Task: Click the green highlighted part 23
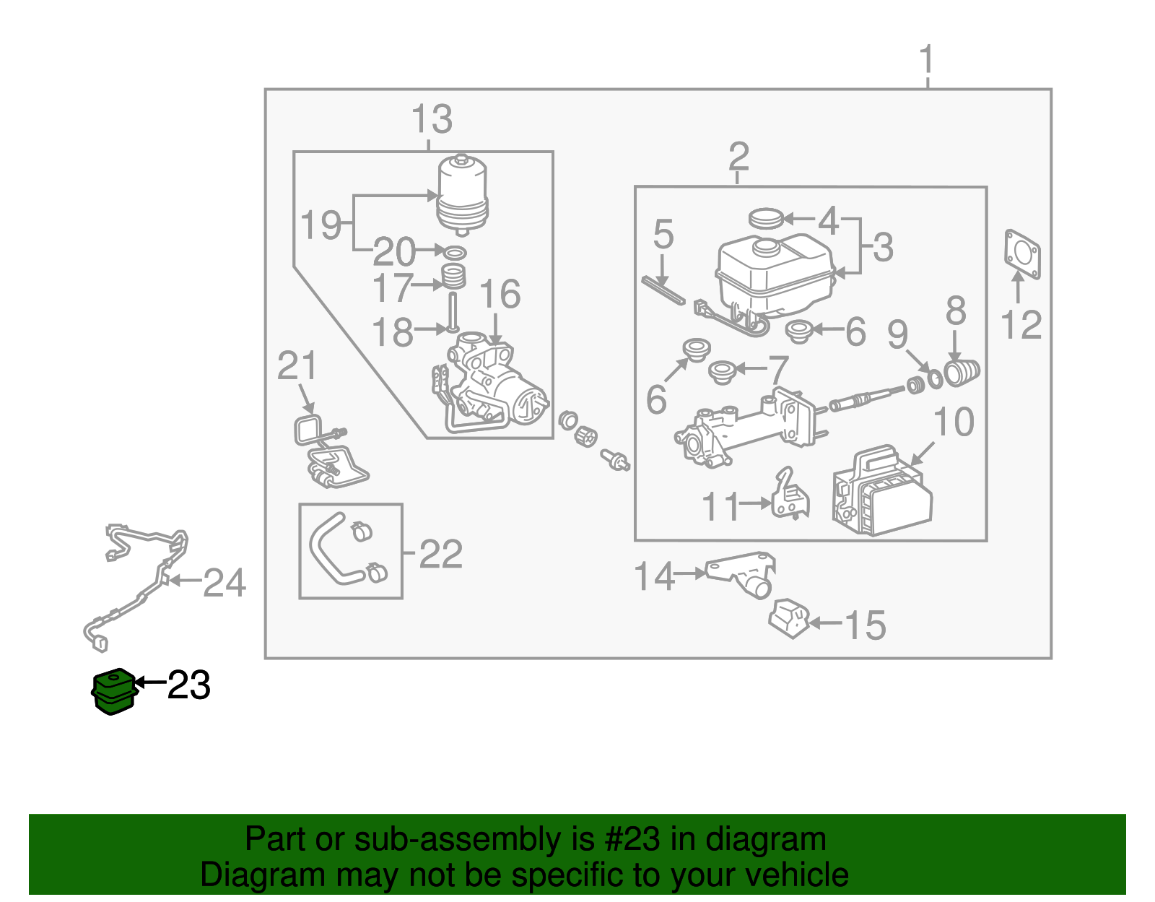[114, 691]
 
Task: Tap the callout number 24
[225, 582]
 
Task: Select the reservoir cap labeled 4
[766, 217]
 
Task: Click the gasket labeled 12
[1022, 254]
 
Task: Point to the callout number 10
[954, 422]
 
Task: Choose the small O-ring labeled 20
[454, 252]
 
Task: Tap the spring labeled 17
[453, 277]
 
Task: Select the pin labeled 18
[453, 311]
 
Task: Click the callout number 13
[432, 119]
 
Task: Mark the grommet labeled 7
[722, 372]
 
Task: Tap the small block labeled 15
[789, 618]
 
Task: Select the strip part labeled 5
[663, 290]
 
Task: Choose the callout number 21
[297, 366]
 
